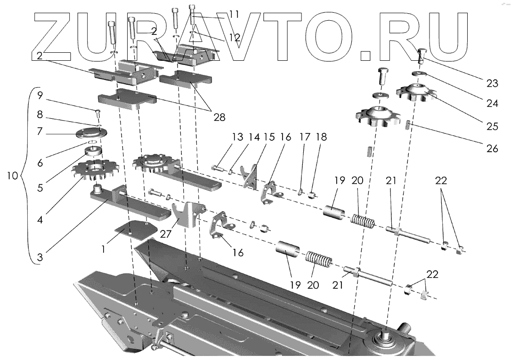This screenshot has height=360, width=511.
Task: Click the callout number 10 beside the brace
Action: [x=13, y=176]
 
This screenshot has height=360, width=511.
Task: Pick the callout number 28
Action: [x=219, y=117]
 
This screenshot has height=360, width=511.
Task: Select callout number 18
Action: [x=321, y=137]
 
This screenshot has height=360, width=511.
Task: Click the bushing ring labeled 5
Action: [x=94, y=152]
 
